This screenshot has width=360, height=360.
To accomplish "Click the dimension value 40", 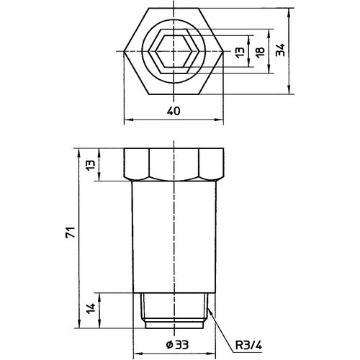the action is coord(174,111).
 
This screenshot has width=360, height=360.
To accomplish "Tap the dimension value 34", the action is coord(280,50).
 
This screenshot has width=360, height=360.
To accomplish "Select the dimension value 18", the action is coord(260,52).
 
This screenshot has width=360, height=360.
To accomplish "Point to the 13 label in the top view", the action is coord(240,52).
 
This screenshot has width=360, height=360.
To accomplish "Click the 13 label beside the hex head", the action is coord(91,165).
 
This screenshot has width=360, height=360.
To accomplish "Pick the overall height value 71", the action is coord(71,232).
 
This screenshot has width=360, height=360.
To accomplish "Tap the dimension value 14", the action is coord(91,308).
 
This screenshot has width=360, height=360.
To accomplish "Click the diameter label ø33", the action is coord(177,345).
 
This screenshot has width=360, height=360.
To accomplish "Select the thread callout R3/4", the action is coord(249,346).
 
